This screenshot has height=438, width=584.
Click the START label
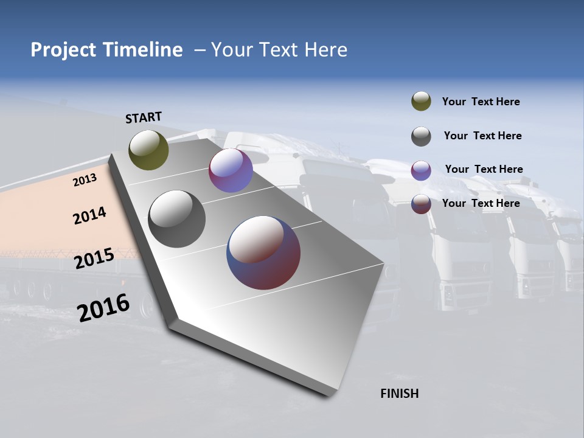[x=144, y=117]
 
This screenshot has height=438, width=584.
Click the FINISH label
[x=399, y=394]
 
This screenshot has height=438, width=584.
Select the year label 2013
[x=85, y=180]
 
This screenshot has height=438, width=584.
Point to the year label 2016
[x=103, y=307]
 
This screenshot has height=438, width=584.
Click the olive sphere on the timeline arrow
[x=148, y=150]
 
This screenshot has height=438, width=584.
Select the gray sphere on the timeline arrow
[x=176, y=219]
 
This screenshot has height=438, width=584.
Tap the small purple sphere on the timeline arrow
[x=231, y=170]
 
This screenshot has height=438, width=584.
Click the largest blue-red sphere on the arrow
[x=263, y=252]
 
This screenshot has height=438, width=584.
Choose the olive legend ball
[x=421, y=102]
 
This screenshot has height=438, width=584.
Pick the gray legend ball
[x=421, y=136]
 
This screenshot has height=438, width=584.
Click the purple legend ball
[x=421, y=170]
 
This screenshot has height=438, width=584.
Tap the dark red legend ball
[x=421, y=204]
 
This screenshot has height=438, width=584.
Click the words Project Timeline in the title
[x=106, y=50]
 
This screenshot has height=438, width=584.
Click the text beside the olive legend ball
[x=481, y=102]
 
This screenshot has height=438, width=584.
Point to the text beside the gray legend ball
[x=482, y=136]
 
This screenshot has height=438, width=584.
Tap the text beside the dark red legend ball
[x=481, y=203]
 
